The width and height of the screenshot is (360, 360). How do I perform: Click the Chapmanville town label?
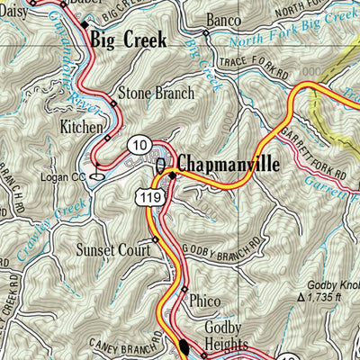(x=229, y=164)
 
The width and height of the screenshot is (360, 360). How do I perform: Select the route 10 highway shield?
(x=138, y=144)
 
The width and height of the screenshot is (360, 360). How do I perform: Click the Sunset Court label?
(x=113, y=250)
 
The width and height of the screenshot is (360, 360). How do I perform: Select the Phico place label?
(x=205, y=302)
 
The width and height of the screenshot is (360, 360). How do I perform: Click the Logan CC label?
(x=65, y=177)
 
